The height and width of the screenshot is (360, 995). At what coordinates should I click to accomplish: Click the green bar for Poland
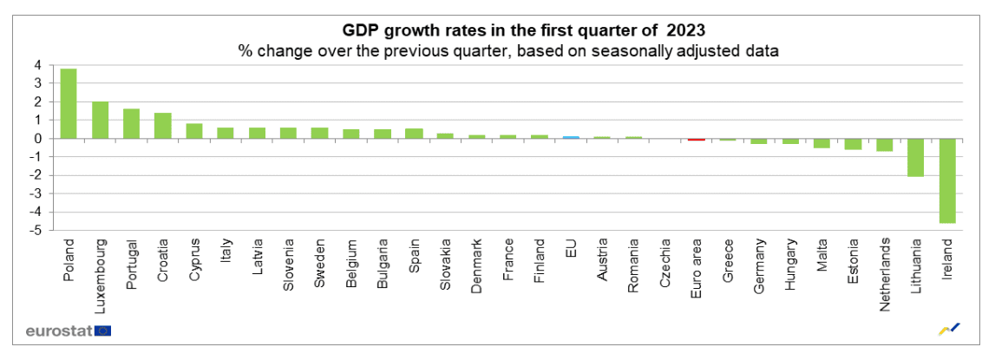pos(68,103)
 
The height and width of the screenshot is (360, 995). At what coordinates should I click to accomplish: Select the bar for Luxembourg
pos(100,120)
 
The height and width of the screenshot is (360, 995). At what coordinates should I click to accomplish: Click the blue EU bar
pos(570,137)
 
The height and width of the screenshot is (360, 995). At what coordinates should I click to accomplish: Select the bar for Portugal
pos(131,123)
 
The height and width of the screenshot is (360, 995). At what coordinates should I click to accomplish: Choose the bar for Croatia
pos(162,125)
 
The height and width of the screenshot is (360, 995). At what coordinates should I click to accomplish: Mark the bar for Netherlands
pos(885,145)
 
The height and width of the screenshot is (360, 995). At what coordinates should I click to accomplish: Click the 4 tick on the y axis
pos(37,65)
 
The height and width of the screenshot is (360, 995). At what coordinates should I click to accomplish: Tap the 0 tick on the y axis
pos(37,138)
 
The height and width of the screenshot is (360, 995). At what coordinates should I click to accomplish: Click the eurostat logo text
pos(57,331)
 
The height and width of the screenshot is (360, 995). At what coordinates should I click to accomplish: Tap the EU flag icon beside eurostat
pos(103,331)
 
